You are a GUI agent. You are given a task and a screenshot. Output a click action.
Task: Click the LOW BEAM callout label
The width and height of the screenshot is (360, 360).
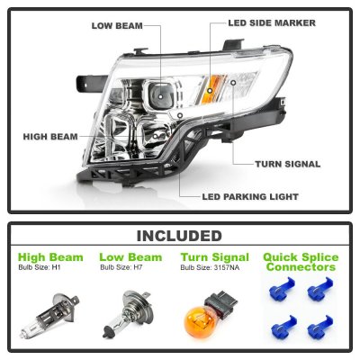(x=117, y=24)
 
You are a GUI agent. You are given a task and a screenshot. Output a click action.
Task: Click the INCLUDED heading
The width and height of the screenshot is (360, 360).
(x=179, y=236)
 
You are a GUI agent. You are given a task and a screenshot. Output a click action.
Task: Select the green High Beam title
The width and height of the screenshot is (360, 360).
(x=50, y=257)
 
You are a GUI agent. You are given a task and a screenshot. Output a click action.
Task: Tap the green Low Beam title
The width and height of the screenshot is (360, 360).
(x=126, y=257)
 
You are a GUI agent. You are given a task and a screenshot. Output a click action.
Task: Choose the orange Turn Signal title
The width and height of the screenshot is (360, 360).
(x=208, y=257)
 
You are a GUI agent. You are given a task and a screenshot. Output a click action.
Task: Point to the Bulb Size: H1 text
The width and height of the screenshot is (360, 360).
(x=40, y=267)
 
